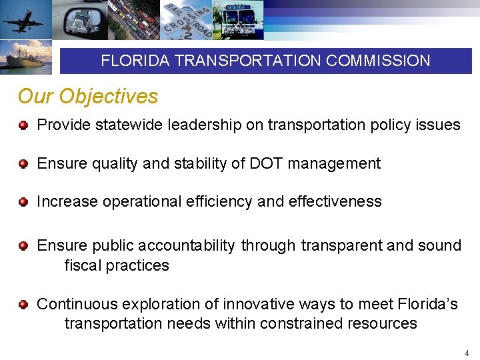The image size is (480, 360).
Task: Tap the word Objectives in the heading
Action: point(108,97)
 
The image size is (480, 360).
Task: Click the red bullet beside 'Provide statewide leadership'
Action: point(23,125)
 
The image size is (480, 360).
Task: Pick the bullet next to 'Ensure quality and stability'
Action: point(23,164)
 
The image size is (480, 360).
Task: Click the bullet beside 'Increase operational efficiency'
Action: point(23,202)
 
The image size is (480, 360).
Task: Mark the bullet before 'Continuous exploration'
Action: point(23,305)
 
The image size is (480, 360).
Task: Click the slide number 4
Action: point(467,352)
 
